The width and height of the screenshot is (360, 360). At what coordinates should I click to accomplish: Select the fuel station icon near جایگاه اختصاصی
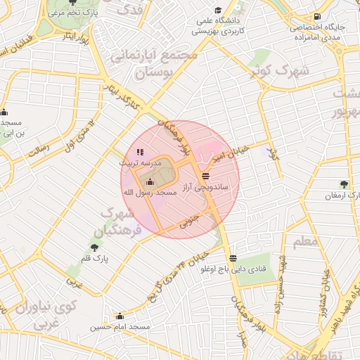click(319, 16)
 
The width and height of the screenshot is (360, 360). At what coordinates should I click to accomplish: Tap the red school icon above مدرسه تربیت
click(139, 151)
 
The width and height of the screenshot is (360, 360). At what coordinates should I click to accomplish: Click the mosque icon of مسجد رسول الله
click(148, 183)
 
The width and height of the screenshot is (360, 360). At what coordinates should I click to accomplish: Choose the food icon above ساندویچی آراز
click(205, 176)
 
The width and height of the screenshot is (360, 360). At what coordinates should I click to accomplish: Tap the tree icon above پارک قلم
click(94, 247)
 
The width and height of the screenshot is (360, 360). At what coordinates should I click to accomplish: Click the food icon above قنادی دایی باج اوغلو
click(233, 258)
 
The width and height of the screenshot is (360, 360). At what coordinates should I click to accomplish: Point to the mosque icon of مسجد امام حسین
click(120, 316)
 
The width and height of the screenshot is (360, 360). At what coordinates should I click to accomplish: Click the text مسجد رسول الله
click(148, 193)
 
